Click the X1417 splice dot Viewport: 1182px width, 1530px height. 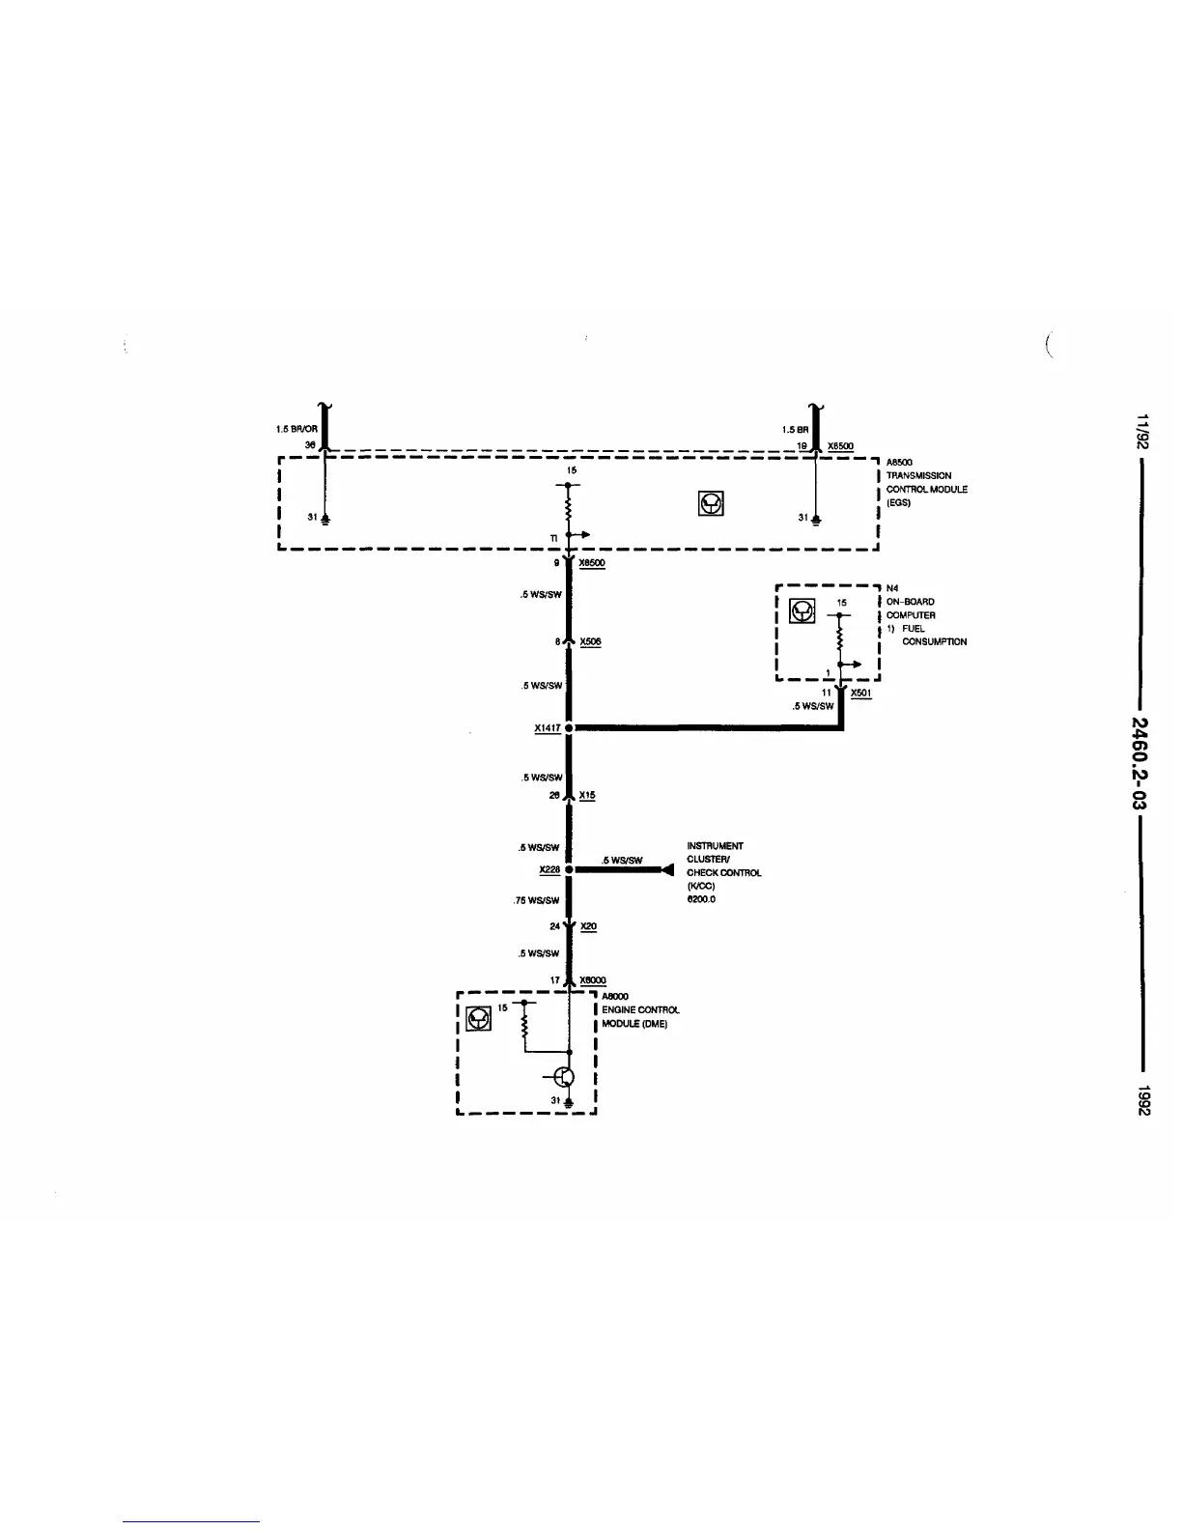[x=570, y=727]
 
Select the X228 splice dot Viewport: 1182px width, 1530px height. [x=570, y=869]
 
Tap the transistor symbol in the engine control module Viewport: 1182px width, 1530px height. [x=566, y=1077]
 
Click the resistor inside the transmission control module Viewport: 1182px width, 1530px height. [x=570, y=507]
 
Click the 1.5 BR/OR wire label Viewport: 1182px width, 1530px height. [x=297, y=429]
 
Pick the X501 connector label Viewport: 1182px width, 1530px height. [x=861, y=693]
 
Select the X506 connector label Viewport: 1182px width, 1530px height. [x=591, y=641]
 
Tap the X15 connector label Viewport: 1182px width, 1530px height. [x=587, y=795]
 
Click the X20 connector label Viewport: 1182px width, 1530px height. [x=588, y=926]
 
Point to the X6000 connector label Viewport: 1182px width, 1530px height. [x=592, y=980]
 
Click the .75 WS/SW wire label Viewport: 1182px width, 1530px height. [x=537, y=900]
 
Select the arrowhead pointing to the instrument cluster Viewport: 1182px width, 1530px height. [x=666, y=869]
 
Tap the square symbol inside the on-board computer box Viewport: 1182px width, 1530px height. [x=802, y=610]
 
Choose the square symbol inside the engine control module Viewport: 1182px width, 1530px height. [x=478, y=1018]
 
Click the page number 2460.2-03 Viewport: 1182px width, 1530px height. [x=1141, y=763]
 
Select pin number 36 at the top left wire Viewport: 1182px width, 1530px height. [x=310, y=444]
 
